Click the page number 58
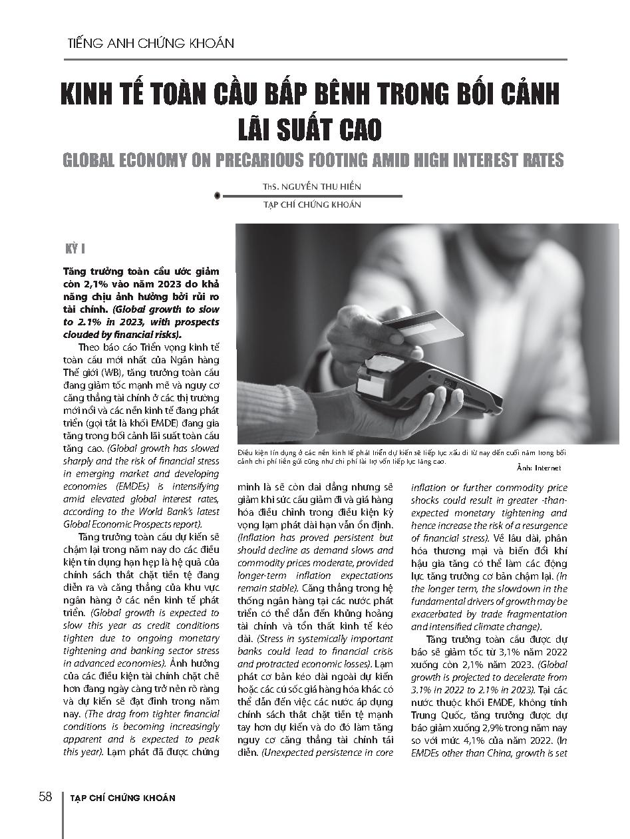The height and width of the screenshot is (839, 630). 45,797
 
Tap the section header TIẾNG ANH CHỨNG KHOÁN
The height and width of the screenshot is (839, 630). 151,43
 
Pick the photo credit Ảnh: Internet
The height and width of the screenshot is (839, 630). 539,468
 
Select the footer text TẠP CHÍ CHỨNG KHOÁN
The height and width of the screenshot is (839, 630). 122,798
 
